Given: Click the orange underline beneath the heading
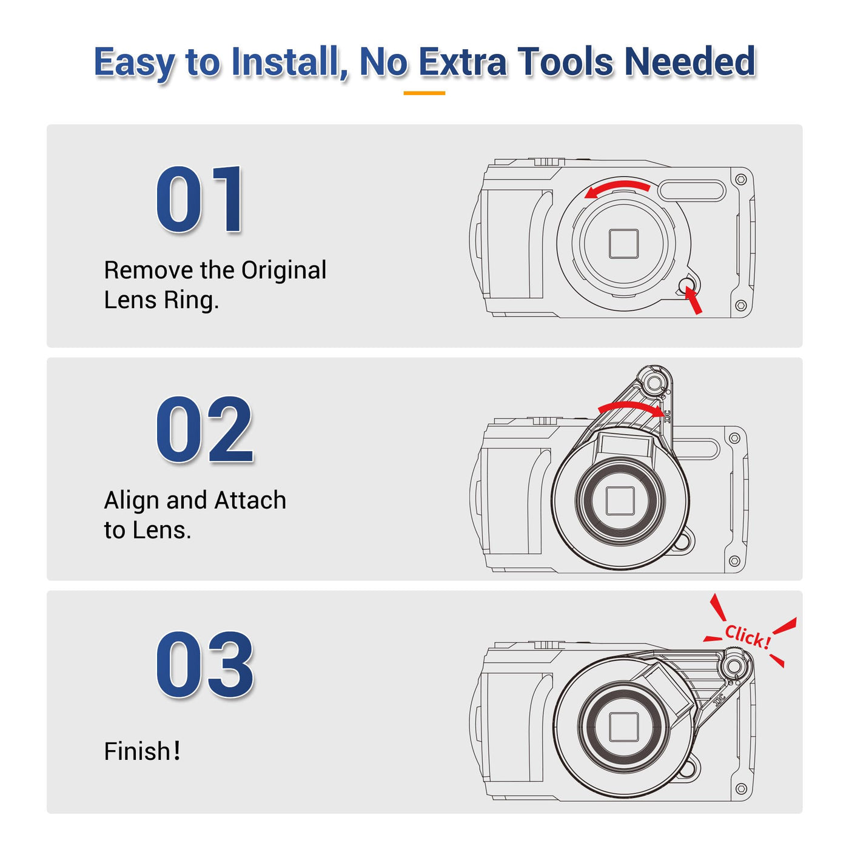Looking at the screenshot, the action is tap(424, 93).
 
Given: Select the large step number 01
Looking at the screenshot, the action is tap(199, 199).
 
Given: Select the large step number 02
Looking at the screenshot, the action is tap(204, 429).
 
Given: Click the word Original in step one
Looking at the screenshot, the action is tap(284, 270).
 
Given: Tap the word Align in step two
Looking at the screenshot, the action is tap(132, 500).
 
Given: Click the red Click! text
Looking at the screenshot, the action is tap(748, 637).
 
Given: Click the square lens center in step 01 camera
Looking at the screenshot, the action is tap(624, 244).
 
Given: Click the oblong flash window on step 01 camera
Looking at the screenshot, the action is tap(692, 190).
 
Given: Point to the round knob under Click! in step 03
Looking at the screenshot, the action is tap(733, 665).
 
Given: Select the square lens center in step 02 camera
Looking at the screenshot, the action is tap(620, 500).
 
